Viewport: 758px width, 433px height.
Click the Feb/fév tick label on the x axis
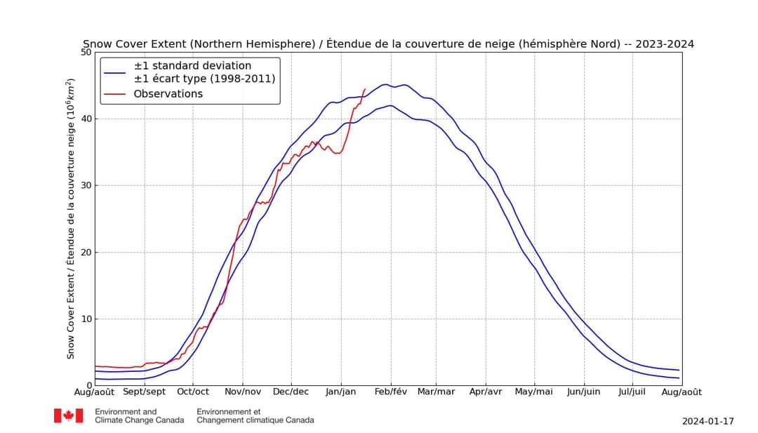coord(390,392)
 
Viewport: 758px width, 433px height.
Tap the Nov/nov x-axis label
coord(242,392)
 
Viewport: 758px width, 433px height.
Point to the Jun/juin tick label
coord(583,392)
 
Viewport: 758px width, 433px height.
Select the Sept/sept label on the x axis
coord(144,392)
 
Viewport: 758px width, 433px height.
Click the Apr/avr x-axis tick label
coord(485,392)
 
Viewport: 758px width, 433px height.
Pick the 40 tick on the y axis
coord(86,119)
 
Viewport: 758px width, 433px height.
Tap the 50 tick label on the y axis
coord(86,52)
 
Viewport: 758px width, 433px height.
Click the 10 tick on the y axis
coord(86,319)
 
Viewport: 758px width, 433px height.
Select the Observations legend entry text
coord(168,94)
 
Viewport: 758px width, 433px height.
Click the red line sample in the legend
coord(114,94)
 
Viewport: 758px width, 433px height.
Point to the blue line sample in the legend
coord(114,72)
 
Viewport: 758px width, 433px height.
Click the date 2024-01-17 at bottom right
coord(707,421)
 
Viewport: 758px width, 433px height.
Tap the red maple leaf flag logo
coord(68,415)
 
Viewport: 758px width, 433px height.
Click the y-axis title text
coord(71,218)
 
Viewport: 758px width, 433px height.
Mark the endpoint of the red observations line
coord(365,89)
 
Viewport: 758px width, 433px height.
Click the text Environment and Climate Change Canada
coord(139,415)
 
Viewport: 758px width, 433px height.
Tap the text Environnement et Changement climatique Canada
coord(255,415)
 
